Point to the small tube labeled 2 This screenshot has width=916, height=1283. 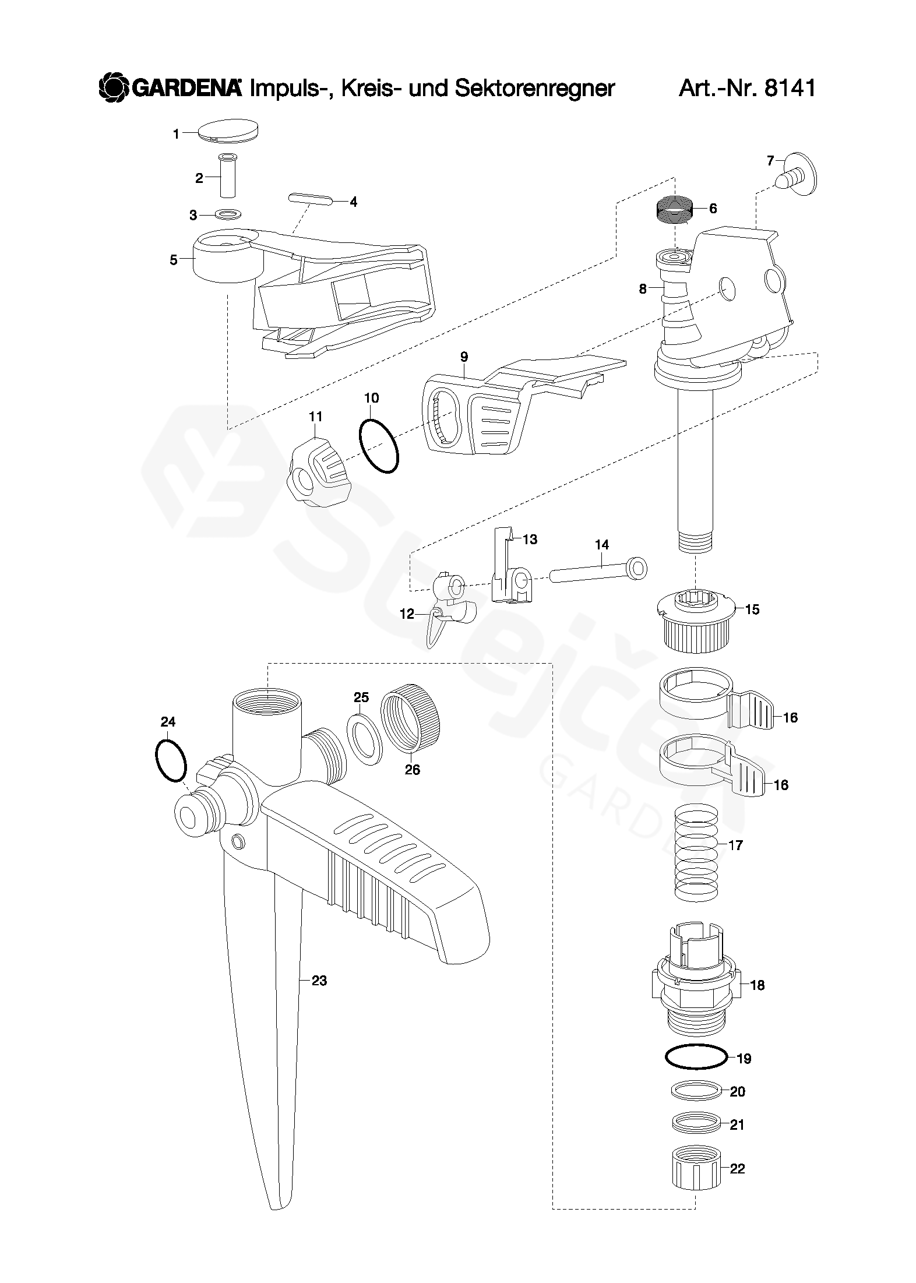click(x=227, y=177)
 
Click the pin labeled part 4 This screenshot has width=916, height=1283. click(x=311, y=199)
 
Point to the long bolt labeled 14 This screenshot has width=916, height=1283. click(x=598, y=570)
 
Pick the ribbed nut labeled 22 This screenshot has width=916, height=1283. click(x=696, y=1168)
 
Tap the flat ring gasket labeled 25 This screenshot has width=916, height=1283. click(x=364, y=738)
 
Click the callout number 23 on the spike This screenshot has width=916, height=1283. click(x=319, y=981)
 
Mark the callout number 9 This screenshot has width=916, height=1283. click(x=464, y=357)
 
